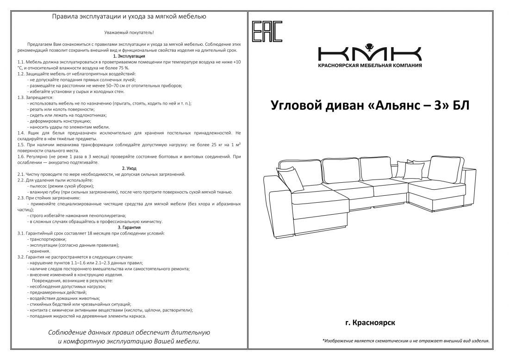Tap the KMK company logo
pos(369,53)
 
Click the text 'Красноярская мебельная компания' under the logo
pos(370,66)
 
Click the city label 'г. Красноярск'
pos(370,322)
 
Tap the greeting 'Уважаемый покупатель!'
pos(129,32)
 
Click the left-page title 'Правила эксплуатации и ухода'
pos(129,17)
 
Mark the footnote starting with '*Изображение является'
pos(406,341)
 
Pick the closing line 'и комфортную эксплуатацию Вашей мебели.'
pos(129,341)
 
